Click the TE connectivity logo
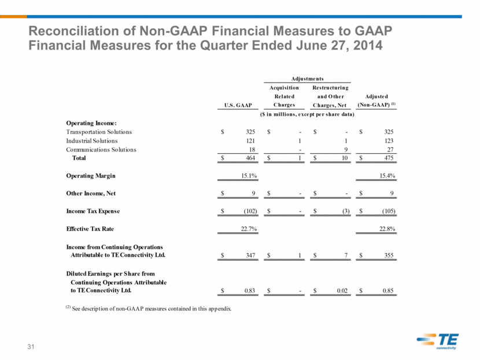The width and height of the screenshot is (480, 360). click(437, 341)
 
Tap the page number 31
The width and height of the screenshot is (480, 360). click(31, 347)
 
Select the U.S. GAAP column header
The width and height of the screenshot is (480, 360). click(238, 105)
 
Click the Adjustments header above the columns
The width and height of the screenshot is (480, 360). click(307, 79)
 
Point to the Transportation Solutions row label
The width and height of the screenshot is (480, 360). click(99, 132)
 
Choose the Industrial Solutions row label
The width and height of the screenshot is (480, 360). click(92, 140)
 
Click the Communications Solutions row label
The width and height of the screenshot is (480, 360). click(101, 150)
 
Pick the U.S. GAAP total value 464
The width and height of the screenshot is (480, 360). click(250, 158)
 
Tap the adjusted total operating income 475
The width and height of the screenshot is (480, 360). click(389, 158)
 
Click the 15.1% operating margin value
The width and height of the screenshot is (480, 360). click(249, 176)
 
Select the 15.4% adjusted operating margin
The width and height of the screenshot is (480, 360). click(387, 176)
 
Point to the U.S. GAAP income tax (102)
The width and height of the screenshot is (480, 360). click(250, 211)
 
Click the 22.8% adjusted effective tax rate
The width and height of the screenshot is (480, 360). click(387, 229)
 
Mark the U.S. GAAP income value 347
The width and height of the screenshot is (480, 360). click(250, 255)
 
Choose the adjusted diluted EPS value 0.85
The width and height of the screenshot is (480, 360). click(388, 291)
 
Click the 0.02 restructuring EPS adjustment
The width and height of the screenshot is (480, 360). click(342, 291)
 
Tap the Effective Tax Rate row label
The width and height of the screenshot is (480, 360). click(90, 229)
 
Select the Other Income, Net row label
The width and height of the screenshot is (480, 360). click(91, 194)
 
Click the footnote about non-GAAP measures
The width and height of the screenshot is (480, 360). click(149, 309)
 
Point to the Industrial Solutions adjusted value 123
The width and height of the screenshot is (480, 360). click(389, 140)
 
